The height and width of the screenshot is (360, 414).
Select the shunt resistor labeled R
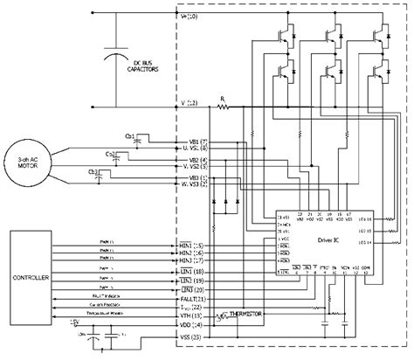(x=224, y=107)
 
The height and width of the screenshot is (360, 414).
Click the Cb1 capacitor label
(x=130, y=137)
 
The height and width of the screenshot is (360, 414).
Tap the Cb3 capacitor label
(x=92, y=172)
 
